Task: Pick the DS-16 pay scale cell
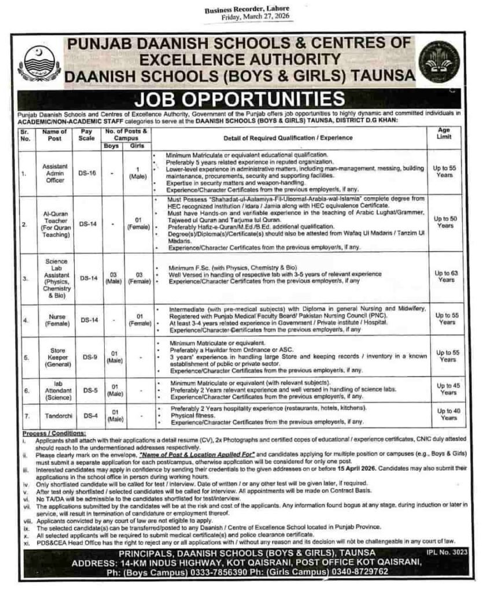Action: (x=87, y=172)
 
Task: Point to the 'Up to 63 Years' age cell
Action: (x=446, y=276)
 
